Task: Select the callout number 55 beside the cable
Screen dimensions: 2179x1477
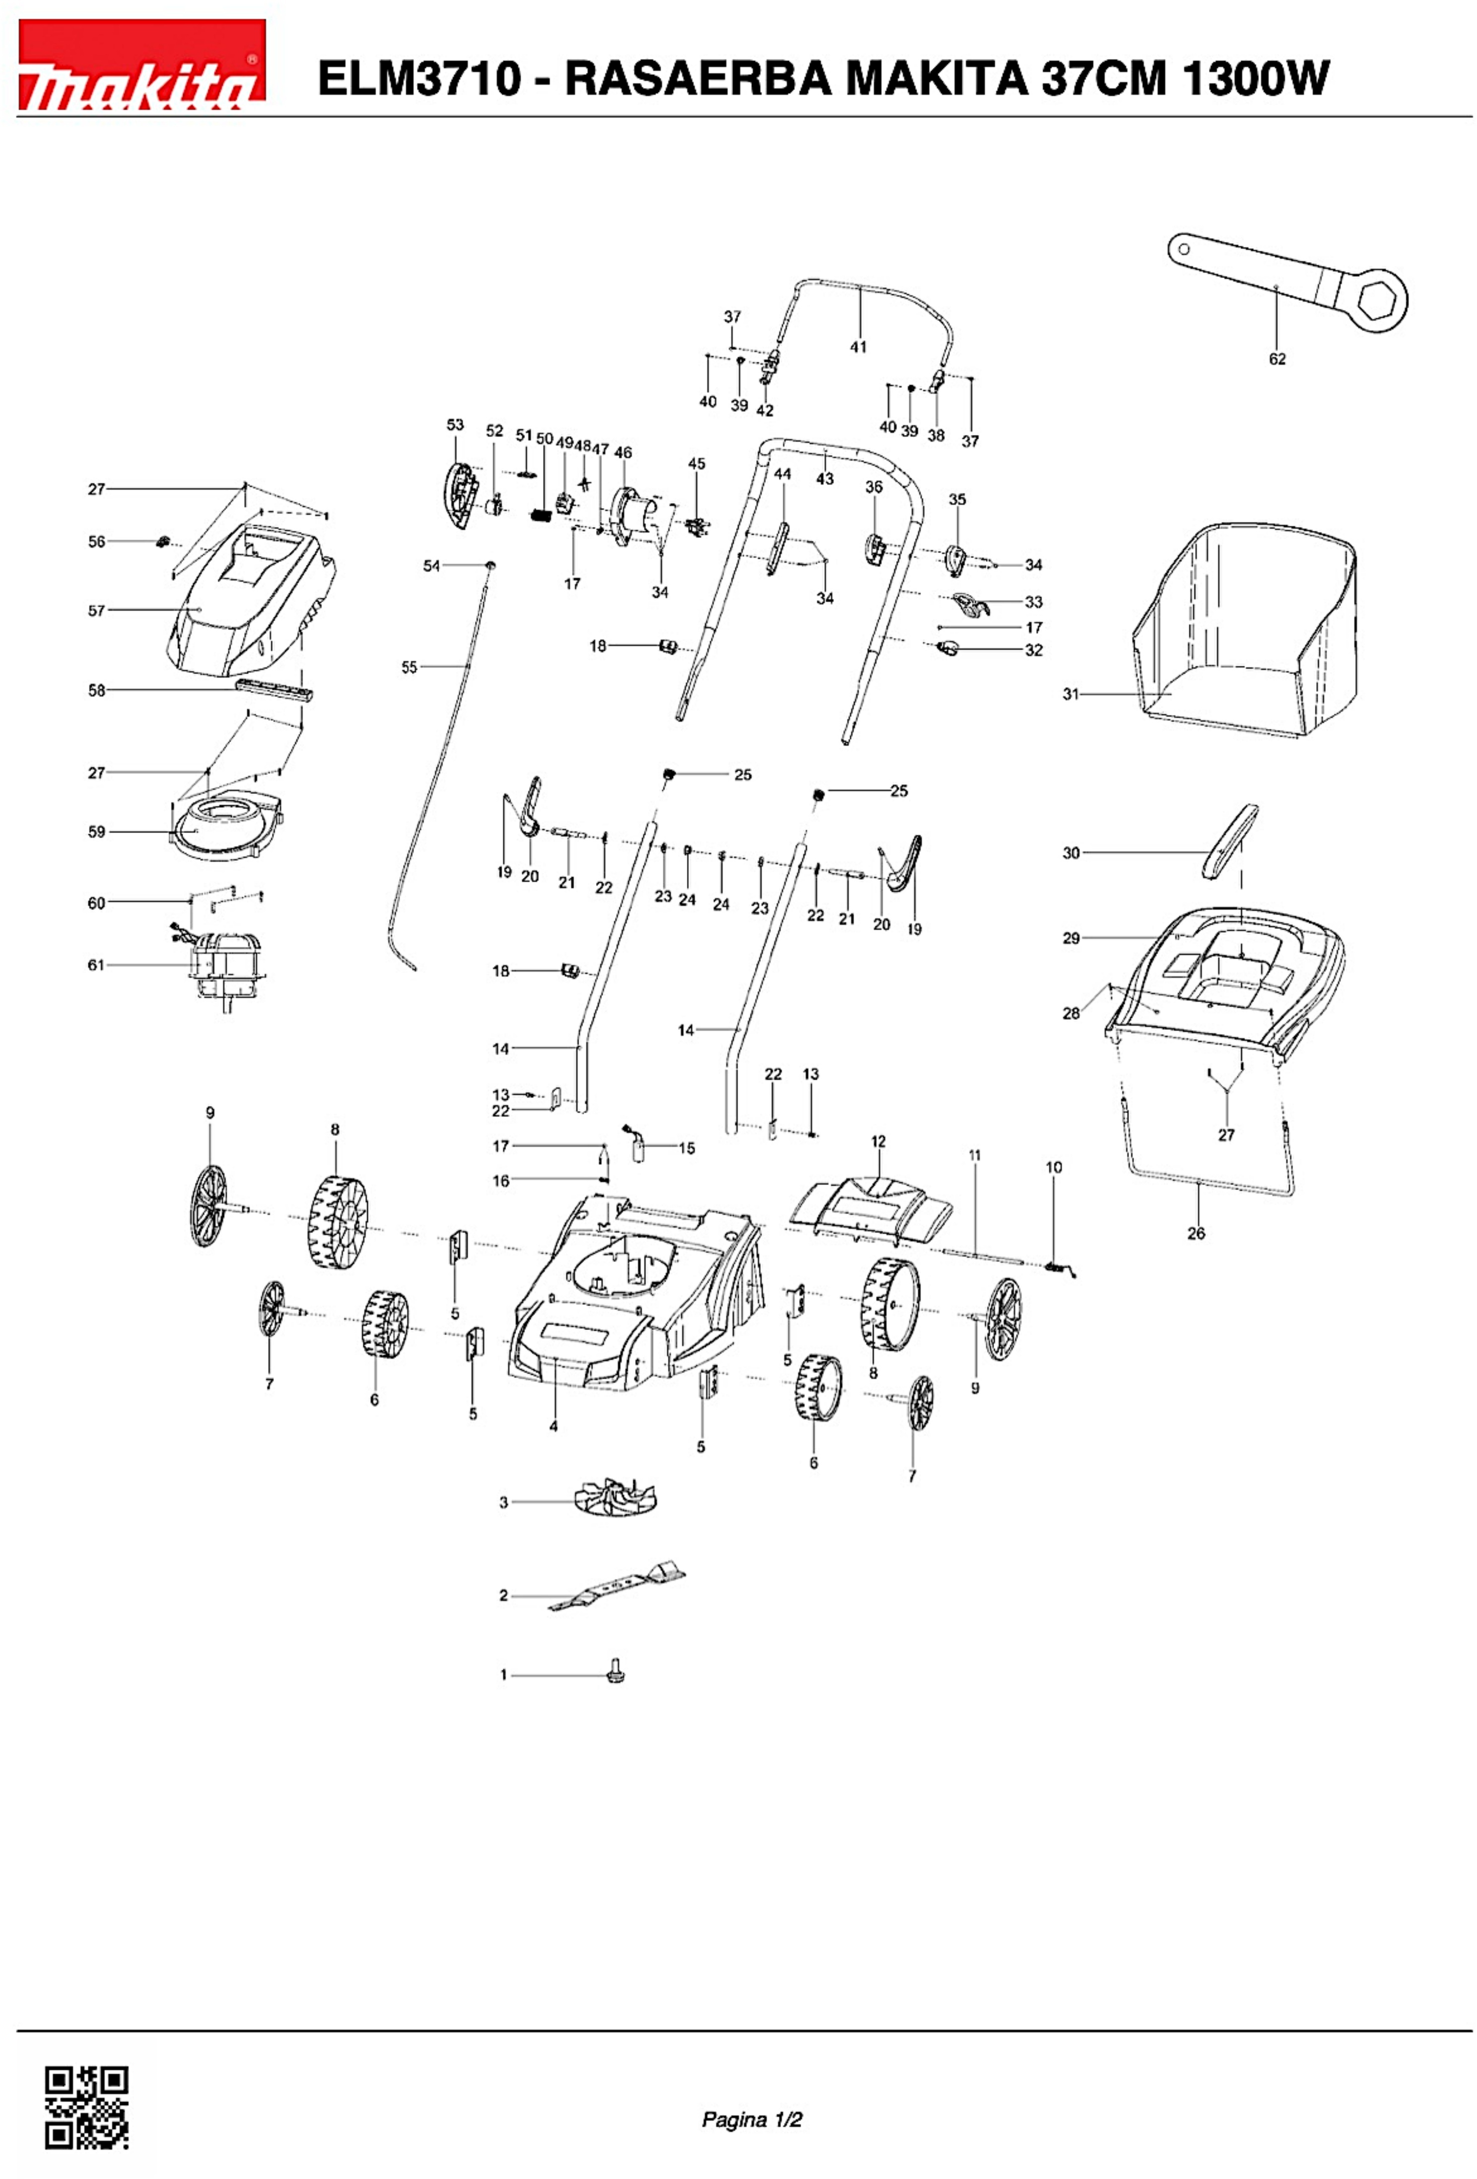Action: [408, 668]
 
